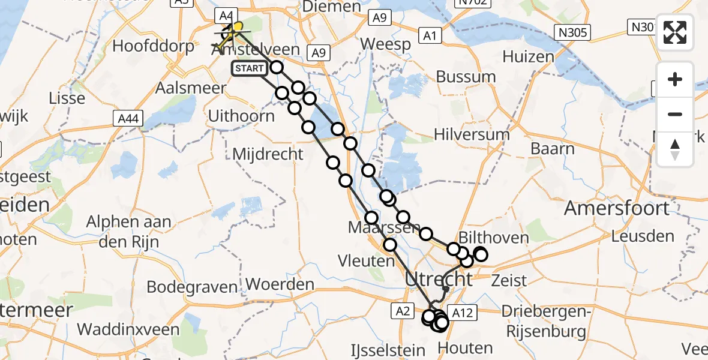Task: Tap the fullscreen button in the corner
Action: [x=675, y=32]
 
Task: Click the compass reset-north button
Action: [x=675, y=149]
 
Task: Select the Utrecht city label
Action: [x=439, y=279]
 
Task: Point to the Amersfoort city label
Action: [x=617, y=208]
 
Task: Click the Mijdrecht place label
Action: [x=268, y=154]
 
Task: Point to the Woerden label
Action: [x=280, y=284]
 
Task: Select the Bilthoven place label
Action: [x=493, y=238]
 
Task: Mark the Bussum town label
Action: [x=466, y=77]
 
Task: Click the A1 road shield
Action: [x=429, y=37]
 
